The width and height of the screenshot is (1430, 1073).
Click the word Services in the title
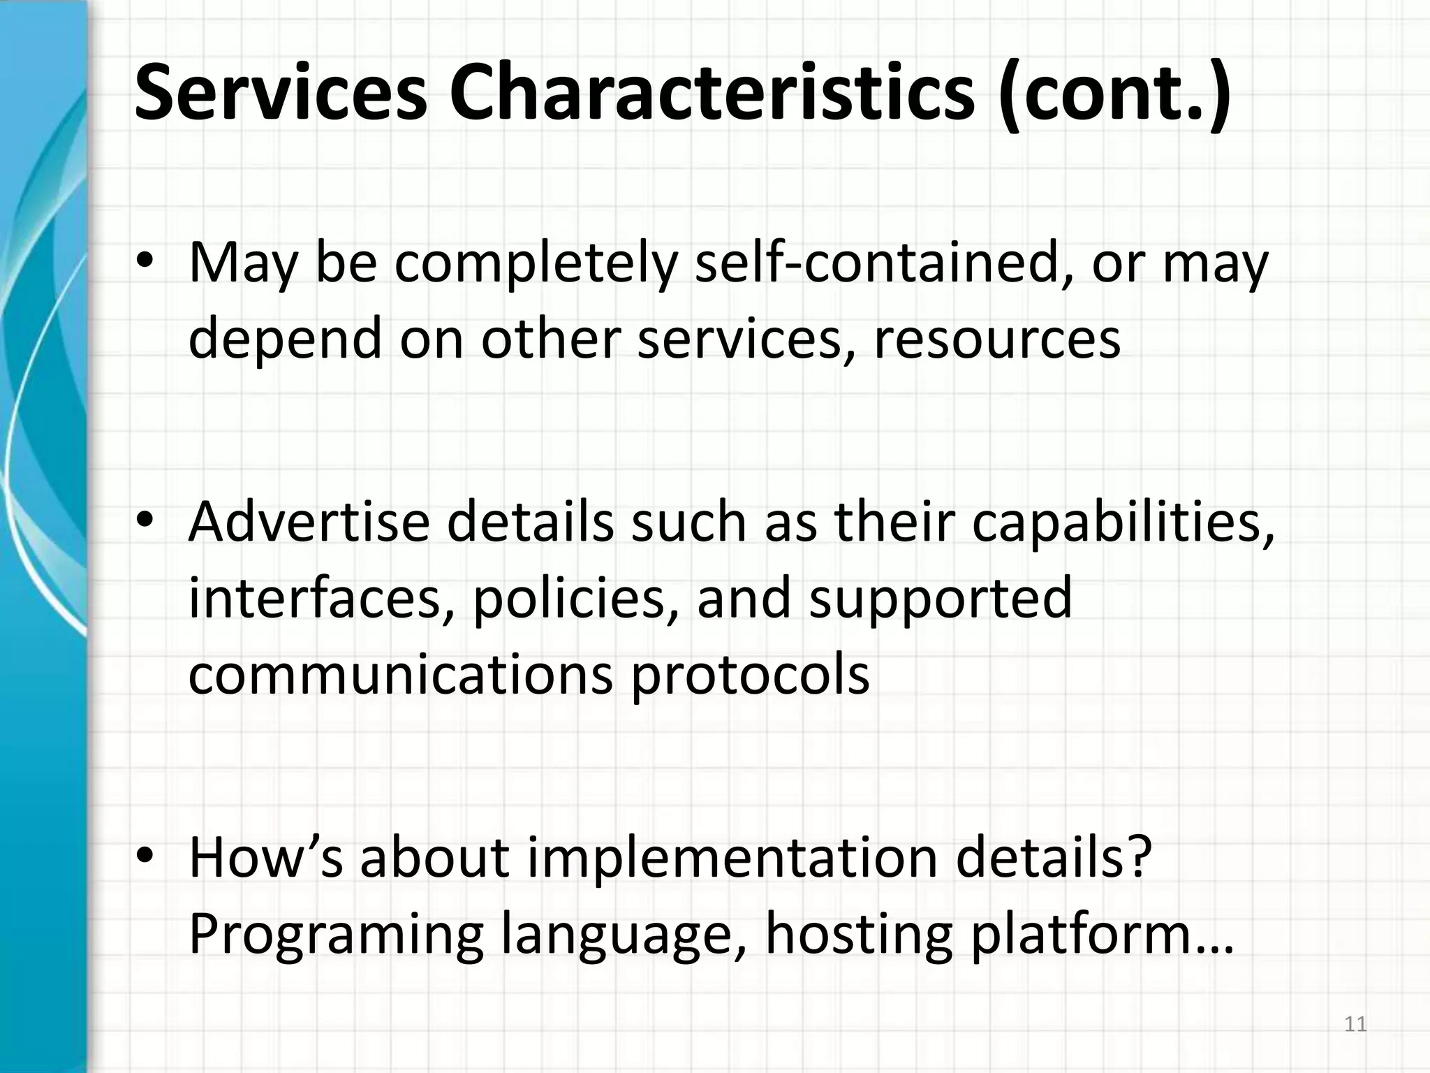(279, 93)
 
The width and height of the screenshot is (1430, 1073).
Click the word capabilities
(1123, 525)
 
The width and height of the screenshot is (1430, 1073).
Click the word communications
(400, 674)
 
